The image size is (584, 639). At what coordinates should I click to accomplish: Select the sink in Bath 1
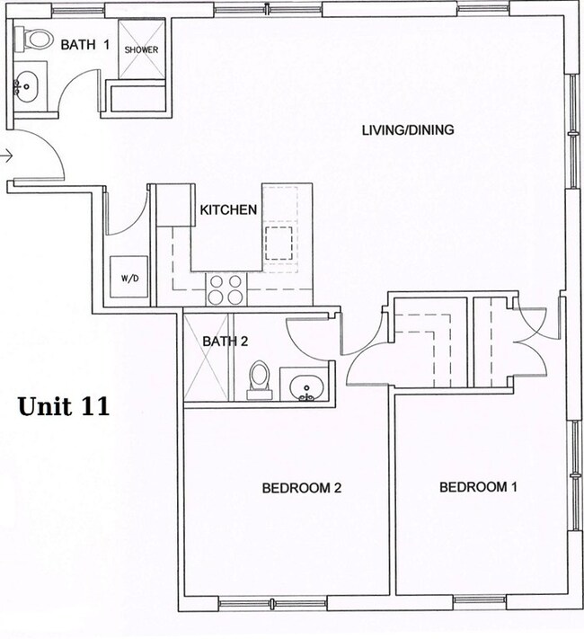click(26, 89)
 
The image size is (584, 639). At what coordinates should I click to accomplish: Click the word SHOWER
click(141, 49)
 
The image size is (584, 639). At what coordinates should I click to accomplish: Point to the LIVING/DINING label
click(407, 130)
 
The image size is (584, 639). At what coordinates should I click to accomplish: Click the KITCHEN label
click(228, 210)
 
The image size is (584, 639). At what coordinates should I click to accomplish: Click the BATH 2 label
click(225, 342)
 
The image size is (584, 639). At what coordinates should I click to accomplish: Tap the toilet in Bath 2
click(259, 380)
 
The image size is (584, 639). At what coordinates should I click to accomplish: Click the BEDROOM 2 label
click(302, 489)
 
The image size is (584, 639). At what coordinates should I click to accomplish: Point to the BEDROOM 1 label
click(478, 487)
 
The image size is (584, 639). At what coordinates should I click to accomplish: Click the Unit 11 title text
click(64, 406)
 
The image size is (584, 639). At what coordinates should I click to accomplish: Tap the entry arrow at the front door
click(7, 156)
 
